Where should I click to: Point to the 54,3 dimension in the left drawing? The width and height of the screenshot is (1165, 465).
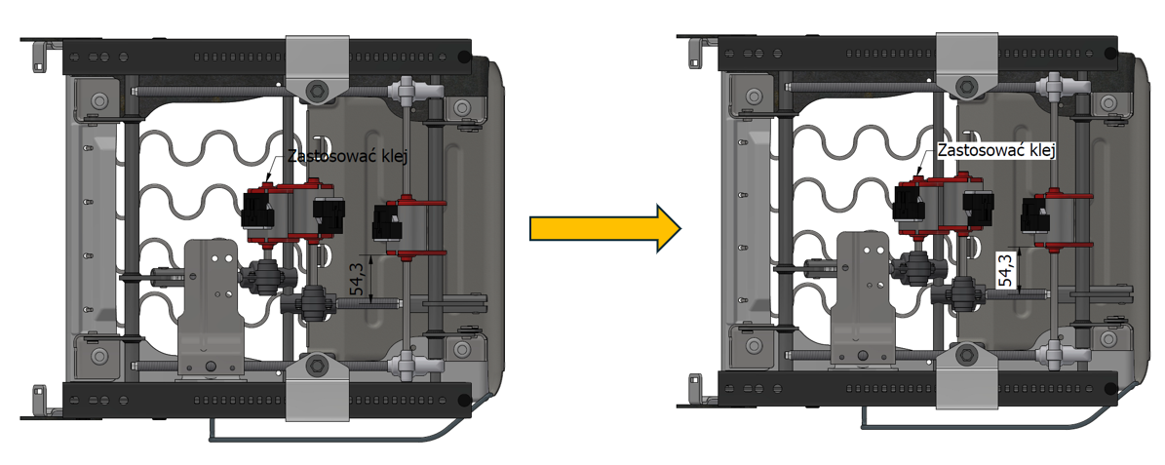click(357, 279)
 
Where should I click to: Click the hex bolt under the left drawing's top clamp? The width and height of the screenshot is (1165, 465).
click(316, 92)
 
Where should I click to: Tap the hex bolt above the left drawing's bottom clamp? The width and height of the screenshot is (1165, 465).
click(316, 366)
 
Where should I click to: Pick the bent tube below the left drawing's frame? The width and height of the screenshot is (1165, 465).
click(341, 429)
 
